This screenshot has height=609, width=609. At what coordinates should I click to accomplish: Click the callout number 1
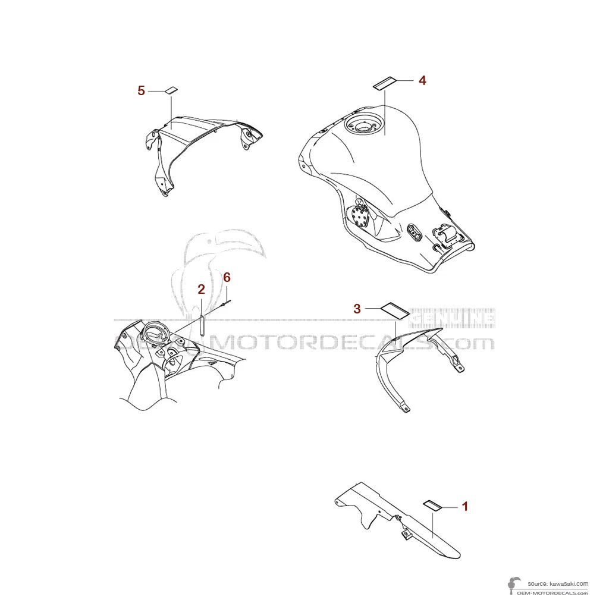(465, 506)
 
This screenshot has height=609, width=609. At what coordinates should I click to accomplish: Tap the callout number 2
(201, 290)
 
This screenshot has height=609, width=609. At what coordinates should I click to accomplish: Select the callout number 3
(357, 308)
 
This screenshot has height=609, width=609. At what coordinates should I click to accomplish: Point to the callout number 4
(422, 80)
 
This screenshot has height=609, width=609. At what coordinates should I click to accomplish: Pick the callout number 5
(141, 90)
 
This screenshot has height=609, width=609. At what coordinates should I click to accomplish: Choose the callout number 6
(227, 277)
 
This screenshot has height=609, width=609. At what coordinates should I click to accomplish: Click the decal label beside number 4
(385, 82)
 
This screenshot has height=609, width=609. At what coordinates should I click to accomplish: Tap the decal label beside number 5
(171, 90)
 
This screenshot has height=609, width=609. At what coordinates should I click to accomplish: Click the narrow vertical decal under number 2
(202, 325)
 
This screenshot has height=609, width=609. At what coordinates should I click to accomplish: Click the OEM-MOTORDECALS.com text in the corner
(552, 593)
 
